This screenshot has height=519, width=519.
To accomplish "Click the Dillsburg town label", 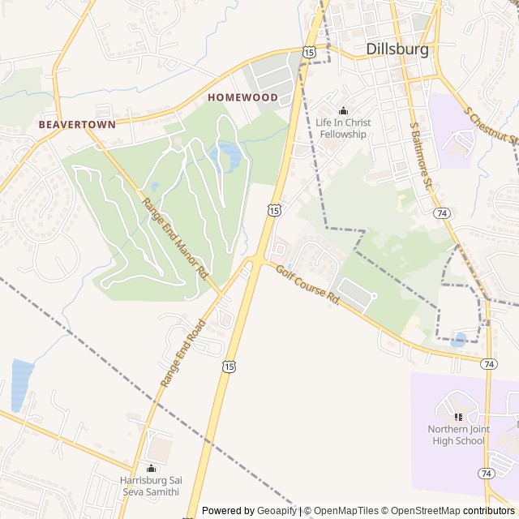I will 397,49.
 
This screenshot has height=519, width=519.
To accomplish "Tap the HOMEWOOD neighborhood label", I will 242,97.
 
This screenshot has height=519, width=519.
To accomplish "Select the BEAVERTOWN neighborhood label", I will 77,125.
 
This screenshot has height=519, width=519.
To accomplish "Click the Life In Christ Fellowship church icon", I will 343,111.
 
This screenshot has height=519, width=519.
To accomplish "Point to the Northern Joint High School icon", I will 457,417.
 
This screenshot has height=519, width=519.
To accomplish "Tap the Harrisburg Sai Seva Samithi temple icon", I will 151,468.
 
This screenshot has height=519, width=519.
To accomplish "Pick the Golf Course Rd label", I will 307,285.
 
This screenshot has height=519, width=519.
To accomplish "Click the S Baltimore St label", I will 421,163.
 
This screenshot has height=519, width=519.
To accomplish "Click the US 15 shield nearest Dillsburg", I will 309,52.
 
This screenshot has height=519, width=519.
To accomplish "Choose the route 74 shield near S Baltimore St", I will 441,213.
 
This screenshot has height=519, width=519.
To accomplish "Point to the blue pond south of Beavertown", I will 21,384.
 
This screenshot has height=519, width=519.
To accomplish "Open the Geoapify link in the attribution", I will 277,511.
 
